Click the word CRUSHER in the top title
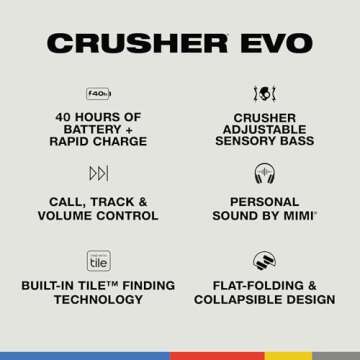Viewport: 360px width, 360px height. (x=135, y=42)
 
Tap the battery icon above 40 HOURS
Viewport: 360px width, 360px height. (x=98, y=93)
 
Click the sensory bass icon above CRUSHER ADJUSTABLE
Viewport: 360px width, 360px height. (x=264, y=93)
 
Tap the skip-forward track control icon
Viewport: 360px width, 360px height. (x=98, y=174)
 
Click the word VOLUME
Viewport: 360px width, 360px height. (x=69, y=215)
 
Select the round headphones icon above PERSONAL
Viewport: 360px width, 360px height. (x=264, y=174)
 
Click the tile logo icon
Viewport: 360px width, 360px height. (x=98, y=260)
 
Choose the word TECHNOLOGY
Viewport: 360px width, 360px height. (x=98, y=299)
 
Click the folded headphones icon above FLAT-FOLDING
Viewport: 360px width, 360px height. (x=264, y=260)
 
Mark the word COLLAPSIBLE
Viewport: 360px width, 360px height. (x=239, y=299)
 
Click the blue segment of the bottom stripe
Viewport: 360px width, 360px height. (x=85, y=355)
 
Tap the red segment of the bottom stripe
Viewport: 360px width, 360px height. (x=217, y=355)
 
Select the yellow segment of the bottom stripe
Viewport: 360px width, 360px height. (x=288, y=355)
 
